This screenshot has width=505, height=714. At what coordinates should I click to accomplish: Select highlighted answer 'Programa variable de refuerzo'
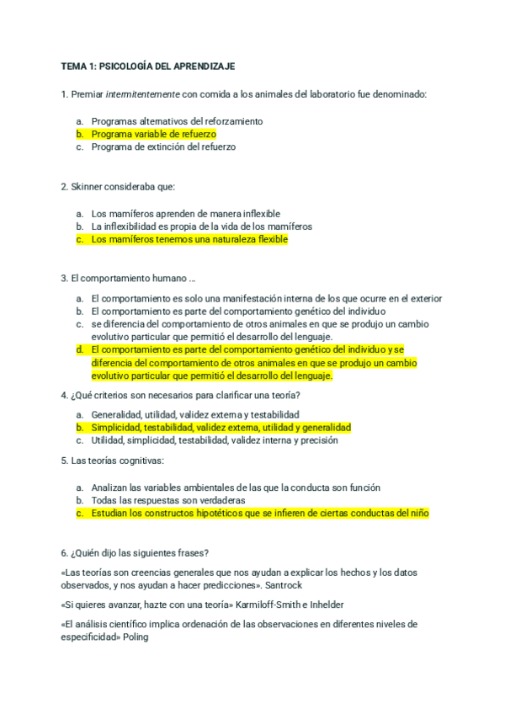[x=153, y=134]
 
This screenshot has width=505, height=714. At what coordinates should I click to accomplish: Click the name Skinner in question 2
[x=87, y=186]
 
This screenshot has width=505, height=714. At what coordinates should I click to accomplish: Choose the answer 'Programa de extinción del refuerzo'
[x=163, y=147]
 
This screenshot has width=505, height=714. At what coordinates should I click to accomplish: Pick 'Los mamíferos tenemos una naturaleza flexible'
[x=189, y=239]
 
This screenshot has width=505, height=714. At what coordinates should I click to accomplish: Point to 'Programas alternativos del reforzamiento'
[x=177, y=121]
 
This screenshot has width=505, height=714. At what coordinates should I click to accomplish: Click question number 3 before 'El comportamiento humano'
[x=64, y=279]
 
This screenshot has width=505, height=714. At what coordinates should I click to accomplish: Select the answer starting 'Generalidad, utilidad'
[x=194, y=414]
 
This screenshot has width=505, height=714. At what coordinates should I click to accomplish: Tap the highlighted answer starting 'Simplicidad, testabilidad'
[x=221, y=427]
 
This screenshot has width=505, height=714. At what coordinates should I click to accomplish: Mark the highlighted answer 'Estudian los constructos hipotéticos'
[x=259, y=512]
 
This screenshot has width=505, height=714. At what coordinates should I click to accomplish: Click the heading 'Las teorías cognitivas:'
[x=117, y=461]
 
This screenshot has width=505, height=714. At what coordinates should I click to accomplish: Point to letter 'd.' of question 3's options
[x=79, y=349]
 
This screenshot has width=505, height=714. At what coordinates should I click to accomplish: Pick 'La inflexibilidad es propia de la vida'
[x=201, y=226]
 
